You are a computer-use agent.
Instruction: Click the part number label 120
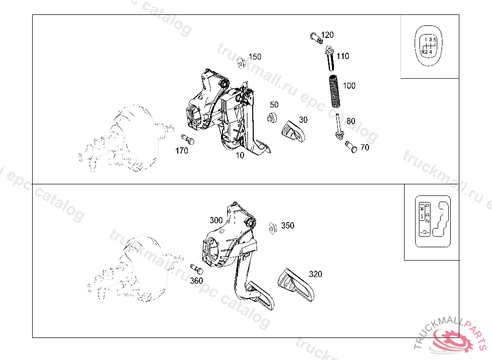tap(327, 35)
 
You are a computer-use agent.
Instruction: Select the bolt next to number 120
tap(315, 36)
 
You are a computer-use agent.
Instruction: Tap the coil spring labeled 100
tap(335, 91)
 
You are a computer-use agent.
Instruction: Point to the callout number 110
tap(343, 56)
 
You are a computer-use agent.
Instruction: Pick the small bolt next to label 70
tap(351, 147)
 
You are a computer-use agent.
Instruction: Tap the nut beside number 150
tap(242, 62)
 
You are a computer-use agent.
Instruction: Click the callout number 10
tap(240, 155)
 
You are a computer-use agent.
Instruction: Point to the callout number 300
tap(216, 221)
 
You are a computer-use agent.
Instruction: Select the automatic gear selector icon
tap(432, 221)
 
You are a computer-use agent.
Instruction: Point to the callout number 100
tap(349, 85)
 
